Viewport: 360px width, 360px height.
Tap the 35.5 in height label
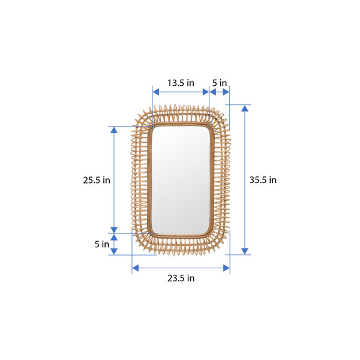tap(263, 180)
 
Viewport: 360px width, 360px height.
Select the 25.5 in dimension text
tap(97, 180)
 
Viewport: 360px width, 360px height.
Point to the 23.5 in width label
tap(180, 278)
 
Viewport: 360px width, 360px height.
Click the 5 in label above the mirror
tap(220, 83)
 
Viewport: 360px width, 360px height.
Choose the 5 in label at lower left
tap(102, 244)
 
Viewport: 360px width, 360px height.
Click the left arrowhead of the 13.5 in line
tap(155, 92)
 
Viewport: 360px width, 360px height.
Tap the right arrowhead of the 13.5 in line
tap(205, 92)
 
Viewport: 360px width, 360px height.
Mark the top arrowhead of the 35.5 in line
tap(244, 109)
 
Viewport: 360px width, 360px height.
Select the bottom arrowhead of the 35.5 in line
tap(244, 251)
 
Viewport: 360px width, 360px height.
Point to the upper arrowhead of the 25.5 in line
tap(114, 130)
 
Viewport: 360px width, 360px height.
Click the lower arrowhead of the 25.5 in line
tap(114, 229)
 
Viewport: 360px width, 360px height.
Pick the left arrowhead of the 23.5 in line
tap(136, 268)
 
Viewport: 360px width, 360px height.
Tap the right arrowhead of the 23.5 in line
tap(226, 268)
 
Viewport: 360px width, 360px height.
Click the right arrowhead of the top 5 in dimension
tap(226, 92)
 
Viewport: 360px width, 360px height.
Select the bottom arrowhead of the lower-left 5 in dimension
tap(114, 251)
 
